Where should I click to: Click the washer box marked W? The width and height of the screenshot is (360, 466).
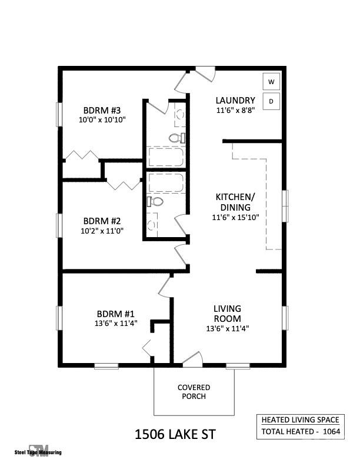tap(271, 82)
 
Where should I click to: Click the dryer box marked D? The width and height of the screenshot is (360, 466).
tap(271, 101)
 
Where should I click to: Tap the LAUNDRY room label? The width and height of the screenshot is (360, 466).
tap(235, 100)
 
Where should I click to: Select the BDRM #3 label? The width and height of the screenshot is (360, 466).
tap(102, 110)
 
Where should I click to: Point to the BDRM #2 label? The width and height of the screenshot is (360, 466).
tap(102, 221)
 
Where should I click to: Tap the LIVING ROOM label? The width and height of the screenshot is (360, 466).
tap(227, 314)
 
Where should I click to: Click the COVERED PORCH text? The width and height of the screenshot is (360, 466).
tap(194, 392)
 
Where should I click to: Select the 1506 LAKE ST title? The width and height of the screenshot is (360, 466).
tap(175, 435)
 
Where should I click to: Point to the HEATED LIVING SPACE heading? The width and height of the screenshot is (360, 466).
tap(300, 420)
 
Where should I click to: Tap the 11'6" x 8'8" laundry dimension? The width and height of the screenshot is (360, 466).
tap(235, 110)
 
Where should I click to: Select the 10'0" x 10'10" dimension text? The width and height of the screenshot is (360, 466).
tap(102, 119)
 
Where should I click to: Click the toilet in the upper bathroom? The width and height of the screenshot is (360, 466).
tap(175, 138)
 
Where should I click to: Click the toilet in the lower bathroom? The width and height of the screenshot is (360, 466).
tap(155, 201)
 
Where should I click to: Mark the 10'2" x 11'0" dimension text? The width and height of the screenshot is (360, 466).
tap(102, 230)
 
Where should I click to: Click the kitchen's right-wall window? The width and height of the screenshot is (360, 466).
tap(286, 205)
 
